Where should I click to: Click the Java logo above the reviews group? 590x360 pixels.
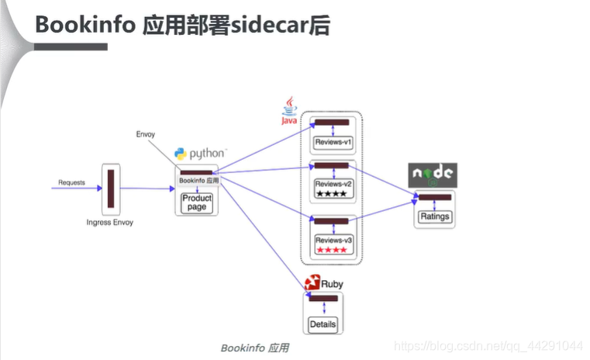289,110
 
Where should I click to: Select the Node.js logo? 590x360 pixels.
433,175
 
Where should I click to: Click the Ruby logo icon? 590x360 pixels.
313,283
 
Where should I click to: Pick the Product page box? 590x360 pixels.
197,202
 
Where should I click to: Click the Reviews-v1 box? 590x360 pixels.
333,143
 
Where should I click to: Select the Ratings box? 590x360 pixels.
434,216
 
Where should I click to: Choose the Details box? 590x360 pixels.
323,324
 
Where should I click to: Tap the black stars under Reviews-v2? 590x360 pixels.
332,193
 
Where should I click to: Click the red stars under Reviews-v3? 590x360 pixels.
332,249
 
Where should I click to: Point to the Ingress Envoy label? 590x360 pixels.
110,223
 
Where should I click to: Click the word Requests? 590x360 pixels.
72,183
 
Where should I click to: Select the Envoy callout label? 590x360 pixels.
145,134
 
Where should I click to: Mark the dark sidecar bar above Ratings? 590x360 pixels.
434,197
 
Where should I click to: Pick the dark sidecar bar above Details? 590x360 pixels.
323,298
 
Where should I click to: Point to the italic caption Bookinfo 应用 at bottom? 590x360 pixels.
254,348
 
